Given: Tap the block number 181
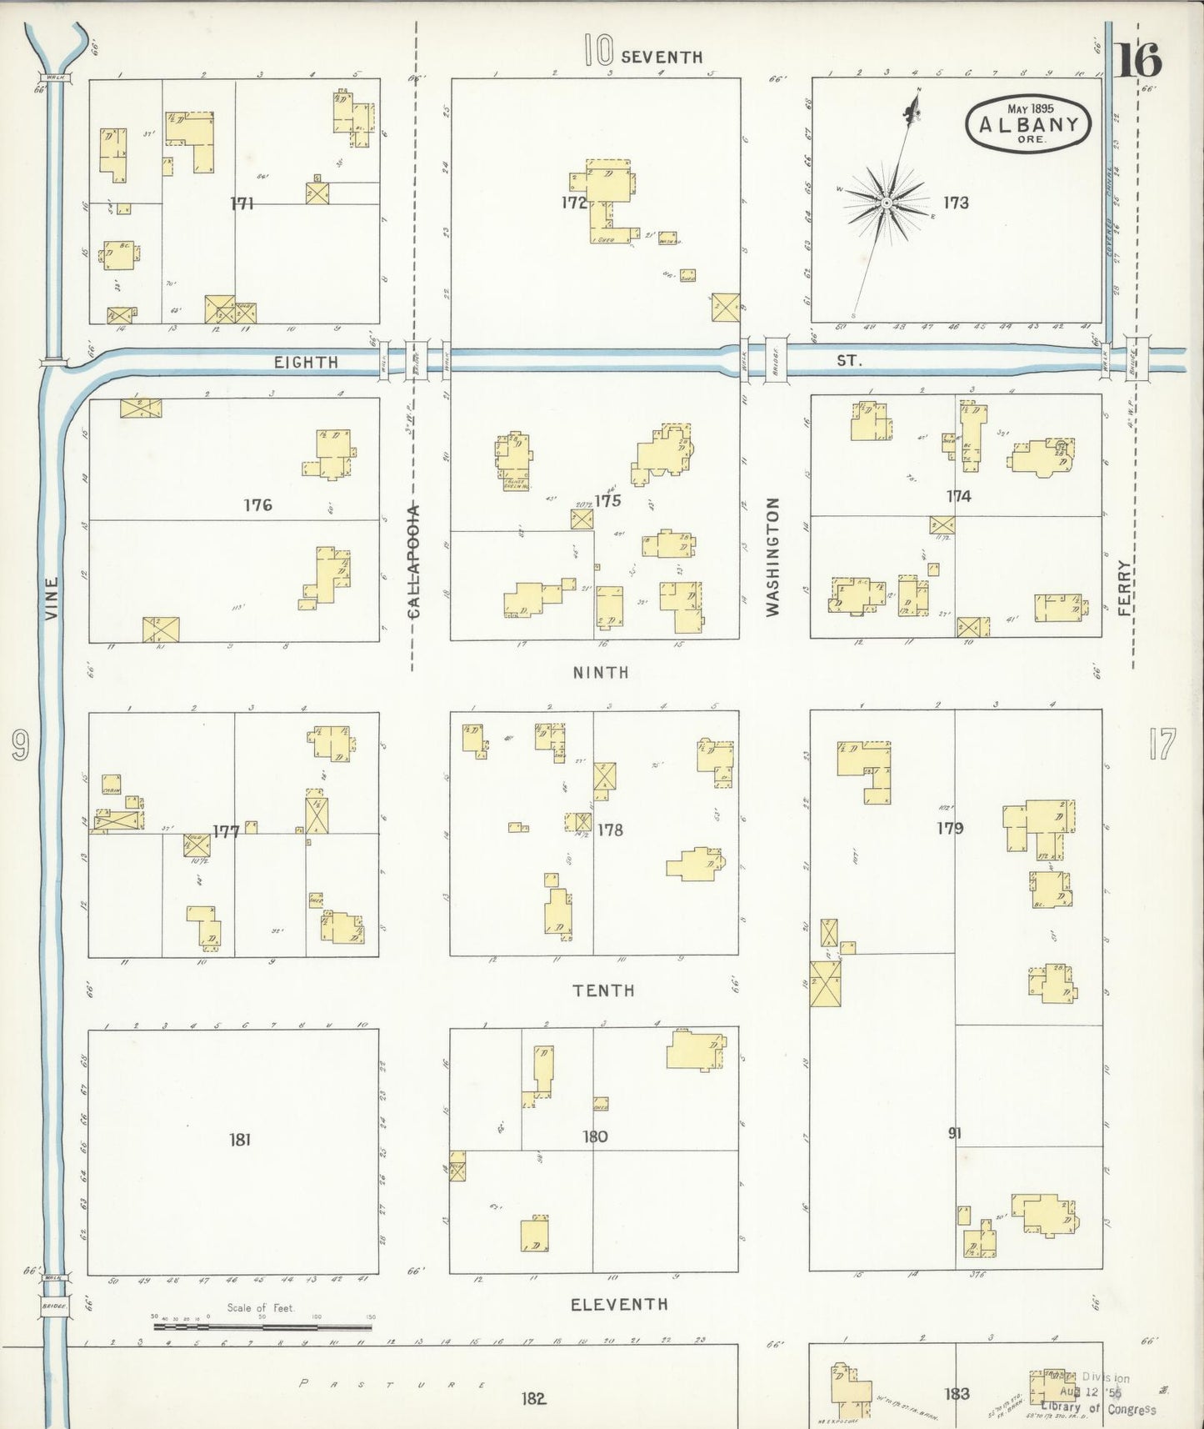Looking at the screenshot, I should coord(240,1139).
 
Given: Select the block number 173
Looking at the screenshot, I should coord(956,203).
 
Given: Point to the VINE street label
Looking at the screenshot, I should coord(52,598).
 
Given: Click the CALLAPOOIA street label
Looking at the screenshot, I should coord(414,561).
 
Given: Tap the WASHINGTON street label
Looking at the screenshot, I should coord(772,556).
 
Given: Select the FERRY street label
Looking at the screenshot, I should coord(1125,587).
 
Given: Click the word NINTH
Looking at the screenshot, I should coord(601,672).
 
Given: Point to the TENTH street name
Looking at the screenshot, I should coord(603,990).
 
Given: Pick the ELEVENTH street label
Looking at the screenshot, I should coord(619,1305).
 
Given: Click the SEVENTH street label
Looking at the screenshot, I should coord(662,57).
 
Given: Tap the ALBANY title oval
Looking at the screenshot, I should coord(1028,123).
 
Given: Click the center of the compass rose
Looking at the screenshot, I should coord(887,203).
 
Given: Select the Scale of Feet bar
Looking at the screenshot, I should coord(262,1325).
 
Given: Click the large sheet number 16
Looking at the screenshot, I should coord(1139,60).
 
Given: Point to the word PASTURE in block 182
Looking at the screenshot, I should coord(392,1385).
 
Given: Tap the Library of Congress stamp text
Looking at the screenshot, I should coord(1099,1408).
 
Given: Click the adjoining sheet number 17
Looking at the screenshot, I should coord(1162,745).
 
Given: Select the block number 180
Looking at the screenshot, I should coord(595,1136).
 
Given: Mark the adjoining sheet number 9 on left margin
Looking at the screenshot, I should coord(20,745).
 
